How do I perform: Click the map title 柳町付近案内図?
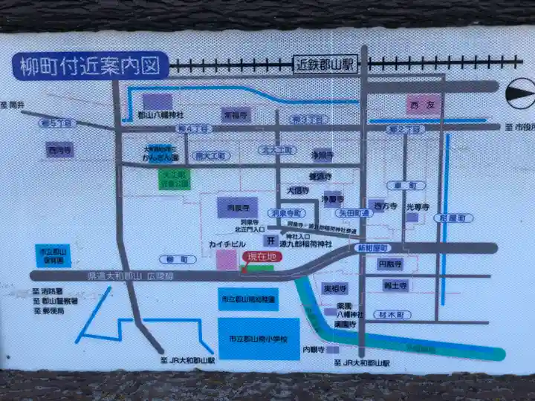(x=91, y=66)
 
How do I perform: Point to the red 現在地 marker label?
(x=261, y=256)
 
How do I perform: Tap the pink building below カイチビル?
(x=226, y=261)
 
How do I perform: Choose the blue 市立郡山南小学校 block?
(x=259, y=339)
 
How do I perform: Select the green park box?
(x=175, y=179)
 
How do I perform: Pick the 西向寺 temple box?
(x=59, y=150)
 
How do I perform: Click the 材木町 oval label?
(x=392, y=315)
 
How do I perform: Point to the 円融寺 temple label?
(x=390, y=264)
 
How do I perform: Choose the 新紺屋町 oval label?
(x=373, y=247)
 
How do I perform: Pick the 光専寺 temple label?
(x=418, y=209)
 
